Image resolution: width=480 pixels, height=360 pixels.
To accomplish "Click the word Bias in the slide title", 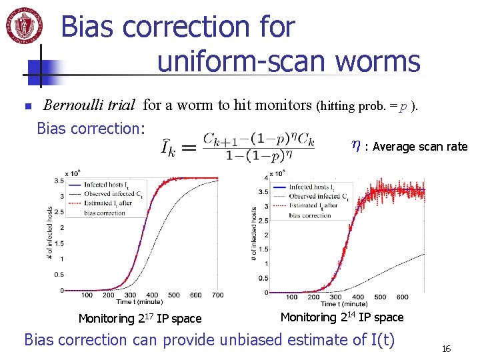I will pos(90,27).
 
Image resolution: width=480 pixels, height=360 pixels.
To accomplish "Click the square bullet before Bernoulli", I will pos(27,106).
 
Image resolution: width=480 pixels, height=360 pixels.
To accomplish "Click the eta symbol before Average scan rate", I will pos(356,145).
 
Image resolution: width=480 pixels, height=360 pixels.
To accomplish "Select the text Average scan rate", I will pos(420,147).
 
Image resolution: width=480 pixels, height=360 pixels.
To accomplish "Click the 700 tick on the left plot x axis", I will pos(217,295).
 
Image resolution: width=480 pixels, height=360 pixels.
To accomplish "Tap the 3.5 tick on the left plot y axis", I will pos(59,181).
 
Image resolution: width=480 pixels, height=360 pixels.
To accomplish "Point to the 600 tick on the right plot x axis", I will pos(402,297).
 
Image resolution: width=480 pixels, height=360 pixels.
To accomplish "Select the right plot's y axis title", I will pos(255,233).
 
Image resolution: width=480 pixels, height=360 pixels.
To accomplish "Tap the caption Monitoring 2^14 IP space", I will pos(341,317).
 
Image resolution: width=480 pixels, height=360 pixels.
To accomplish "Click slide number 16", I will pos(446,349).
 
